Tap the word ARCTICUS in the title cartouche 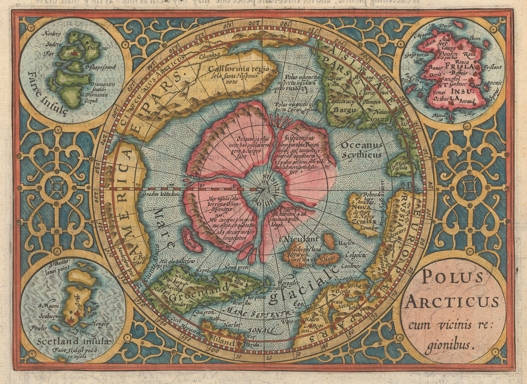[x=452, y=301]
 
